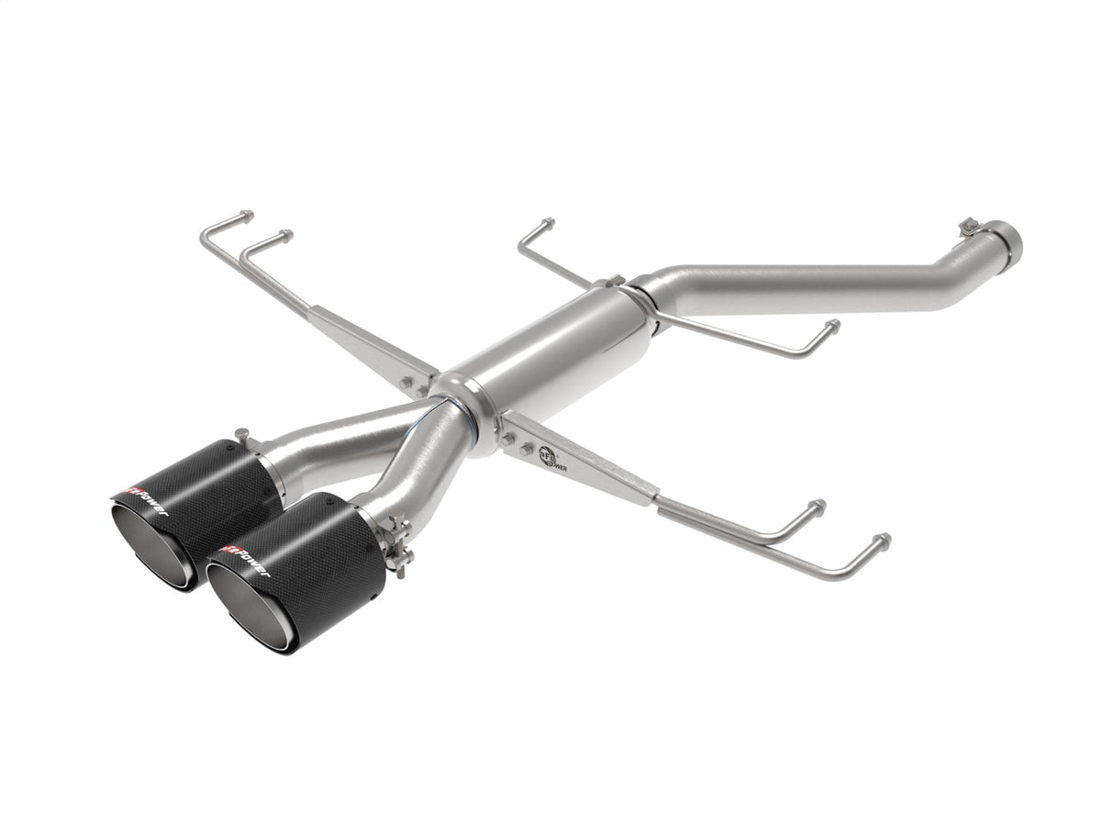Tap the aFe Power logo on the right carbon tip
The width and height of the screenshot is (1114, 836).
(x=240, y=561)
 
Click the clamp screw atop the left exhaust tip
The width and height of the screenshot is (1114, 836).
(x=241, y=434)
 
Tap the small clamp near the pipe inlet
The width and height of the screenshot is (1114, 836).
(x=969, y=227)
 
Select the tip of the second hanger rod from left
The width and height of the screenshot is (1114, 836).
(x=286, y=235)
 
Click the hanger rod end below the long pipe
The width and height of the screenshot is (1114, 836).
(x=831, y=325)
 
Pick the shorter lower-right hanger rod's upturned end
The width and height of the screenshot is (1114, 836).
(x=818, y=506)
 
